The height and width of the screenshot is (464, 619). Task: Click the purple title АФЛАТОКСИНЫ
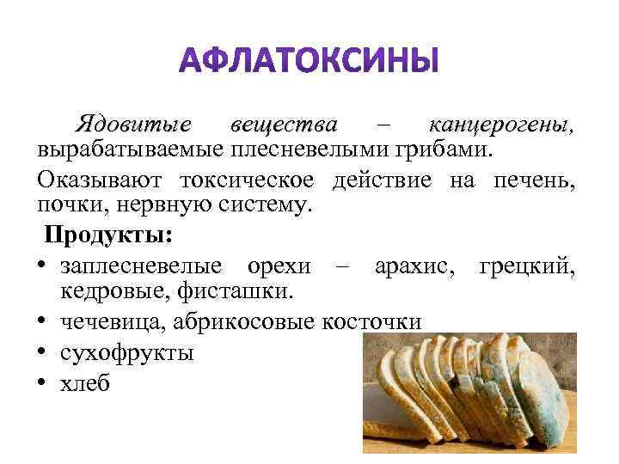click(x=309, y=62)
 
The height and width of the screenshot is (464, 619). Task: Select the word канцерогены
click(x=501, y=124)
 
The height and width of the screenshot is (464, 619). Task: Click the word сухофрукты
click(x=127, y=352)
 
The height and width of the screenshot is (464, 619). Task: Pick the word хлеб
click(x=85, y=383)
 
